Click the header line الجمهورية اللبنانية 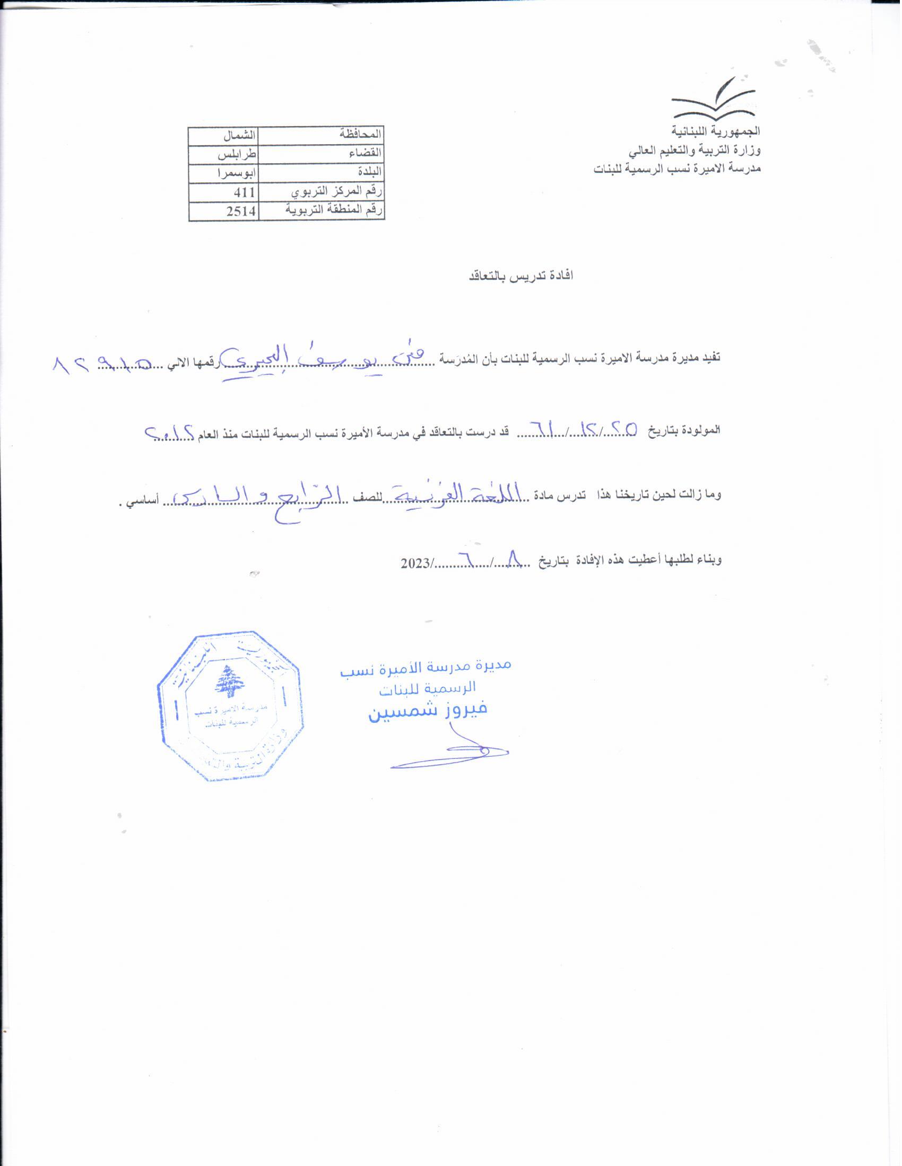[716, 131]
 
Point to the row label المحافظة [361, 135]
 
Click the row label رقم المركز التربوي [336, 192]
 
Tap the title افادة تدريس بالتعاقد [521, 276]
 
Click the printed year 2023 [415, 563]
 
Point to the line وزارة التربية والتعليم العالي [694, 151]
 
